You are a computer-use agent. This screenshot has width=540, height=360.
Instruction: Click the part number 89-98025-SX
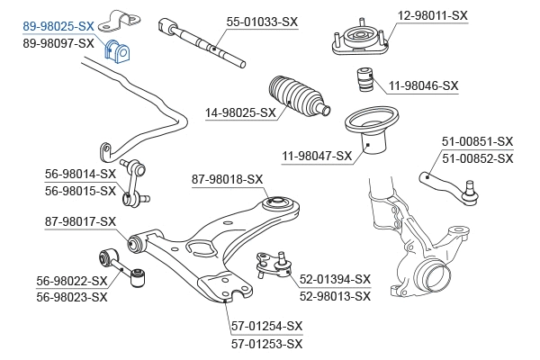(58, 28)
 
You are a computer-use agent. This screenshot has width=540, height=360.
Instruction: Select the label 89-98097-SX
(58, 43)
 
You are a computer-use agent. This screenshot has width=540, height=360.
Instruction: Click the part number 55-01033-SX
(262, 21)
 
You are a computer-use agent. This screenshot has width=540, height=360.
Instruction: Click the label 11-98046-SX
(423, 86)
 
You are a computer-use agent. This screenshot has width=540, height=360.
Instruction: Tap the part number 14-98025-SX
(240, 113)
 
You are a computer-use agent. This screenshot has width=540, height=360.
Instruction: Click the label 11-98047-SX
(317, 156)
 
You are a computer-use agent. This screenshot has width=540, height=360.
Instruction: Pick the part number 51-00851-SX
(477, 142)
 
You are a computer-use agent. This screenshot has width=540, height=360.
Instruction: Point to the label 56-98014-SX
(81, 174)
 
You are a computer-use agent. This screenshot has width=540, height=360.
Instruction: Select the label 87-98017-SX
(81, 221)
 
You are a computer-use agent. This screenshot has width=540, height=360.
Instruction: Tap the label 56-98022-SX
(72, 281)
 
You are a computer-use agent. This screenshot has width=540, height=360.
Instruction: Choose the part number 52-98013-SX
(335, 294)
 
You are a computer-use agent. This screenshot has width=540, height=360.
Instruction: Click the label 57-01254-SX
(267, 326)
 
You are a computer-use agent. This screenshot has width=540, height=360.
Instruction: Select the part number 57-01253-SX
(267, 344)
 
